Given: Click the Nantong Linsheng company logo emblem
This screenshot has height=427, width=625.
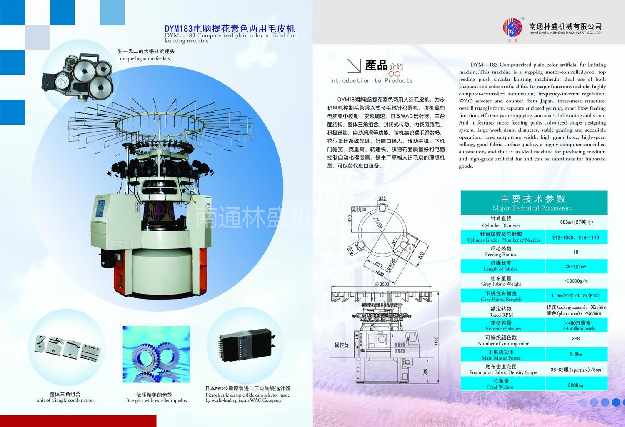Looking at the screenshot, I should [x=512, y=28].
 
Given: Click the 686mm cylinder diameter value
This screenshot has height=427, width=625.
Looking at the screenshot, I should [x=576, y=222].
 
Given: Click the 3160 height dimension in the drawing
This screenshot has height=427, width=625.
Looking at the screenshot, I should [x=436, y=341].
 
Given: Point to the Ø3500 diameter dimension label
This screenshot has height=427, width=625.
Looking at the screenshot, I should [x=381, y=284].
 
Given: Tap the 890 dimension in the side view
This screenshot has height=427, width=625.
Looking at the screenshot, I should [x=425, y=372].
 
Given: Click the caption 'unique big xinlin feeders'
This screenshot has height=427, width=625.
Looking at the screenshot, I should [x=145, y=59].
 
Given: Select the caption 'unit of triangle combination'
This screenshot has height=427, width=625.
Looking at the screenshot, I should [x=65, y=400].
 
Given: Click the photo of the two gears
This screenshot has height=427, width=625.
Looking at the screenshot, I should [x=156, y=354].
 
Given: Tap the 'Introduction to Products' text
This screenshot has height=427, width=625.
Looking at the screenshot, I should [x=370, y=81].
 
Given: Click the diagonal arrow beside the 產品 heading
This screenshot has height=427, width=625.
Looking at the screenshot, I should [x=354, y=66].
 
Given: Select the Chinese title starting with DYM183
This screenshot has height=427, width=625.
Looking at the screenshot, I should [x=230, y=28].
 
